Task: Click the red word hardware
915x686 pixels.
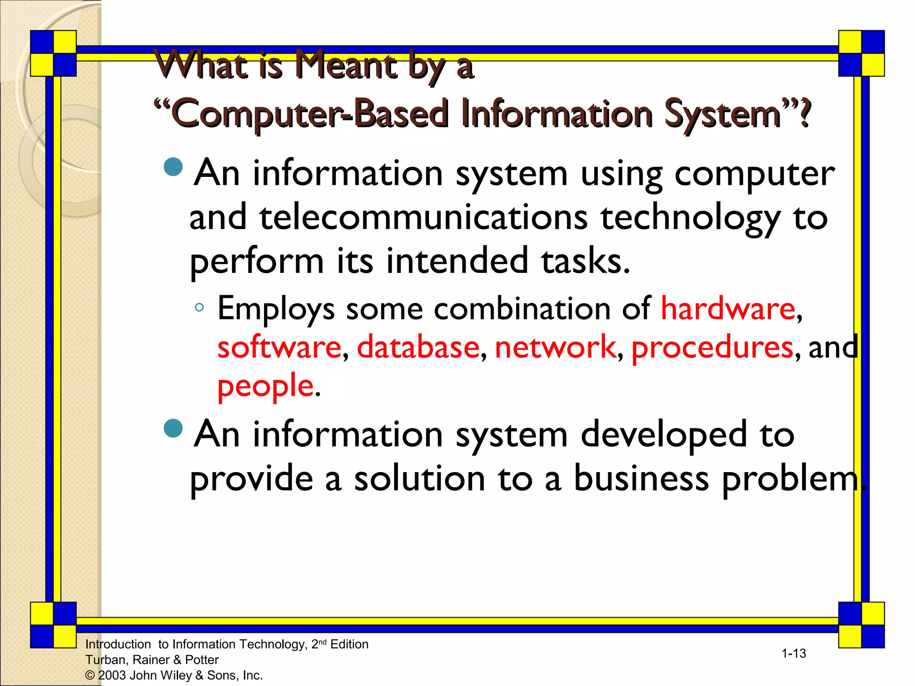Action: click(x=728, y=309)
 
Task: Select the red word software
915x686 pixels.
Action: click(x=279, y=347)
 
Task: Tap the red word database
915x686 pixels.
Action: click(x=418, y=347)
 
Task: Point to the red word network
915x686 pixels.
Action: click(x=555, y=347)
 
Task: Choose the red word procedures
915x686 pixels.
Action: click(x=712, y=348)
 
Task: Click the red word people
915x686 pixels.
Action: click(x=265, y=386)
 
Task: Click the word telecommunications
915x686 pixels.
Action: click(x=424, y=218)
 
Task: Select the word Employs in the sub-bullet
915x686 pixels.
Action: click(x=276, y=310)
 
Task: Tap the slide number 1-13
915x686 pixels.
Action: click(x=793, y=653)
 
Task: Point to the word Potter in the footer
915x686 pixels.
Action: click(x=201, y=660)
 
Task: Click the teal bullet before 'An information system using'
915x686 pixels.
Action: click(x=173, y=167)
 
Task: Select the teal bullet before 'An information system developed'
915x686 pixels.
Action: click(x=173, y=428)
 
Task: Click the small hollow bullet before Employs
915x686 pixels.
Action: click(x=199, y=307)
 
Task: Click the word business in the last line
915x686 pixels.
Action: click(x=641, y=478)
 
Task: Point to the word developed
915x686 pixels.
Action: click(x=663, y=435)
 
